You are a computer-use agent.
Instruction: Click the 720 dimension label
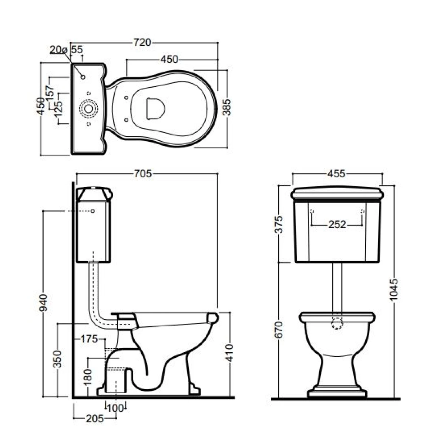tap(142, 43)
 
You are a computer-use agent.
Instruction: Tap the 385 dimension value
tap(227, 107)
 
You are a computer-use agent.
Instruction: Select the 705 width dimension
tap(143, 174)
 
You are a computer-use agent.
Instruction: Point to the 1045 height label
tap(394, 289)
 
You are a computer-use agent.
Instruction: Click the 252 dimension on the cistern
tap(337, 224)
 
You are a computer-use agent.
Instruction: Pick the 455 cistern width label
tap(337, 174)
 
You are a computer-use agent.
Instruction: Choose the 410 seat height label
tap(230, 353)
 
